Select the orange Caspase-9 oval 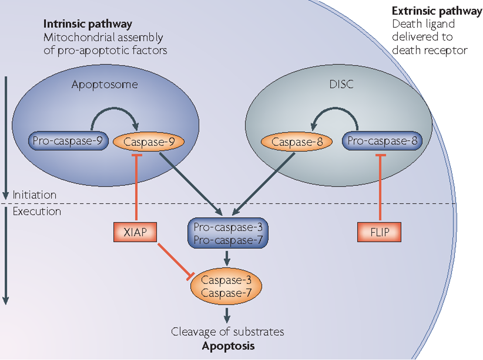pos(148,142)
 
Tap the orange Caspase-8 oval pos(296,142)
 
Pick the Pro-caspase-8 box pos(382,142)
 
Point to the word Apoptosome pos(104,84)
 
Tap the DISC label pos(342,84)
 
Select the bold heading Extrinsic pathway pos(437,11)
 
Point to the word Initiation pos(34,195)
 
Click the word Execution pos(37,211)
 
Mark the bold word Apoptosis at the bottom pos(228,346)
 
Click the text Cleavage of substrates pos(228,332)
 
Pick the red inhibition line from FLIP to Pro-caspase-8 pos(379,188)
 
